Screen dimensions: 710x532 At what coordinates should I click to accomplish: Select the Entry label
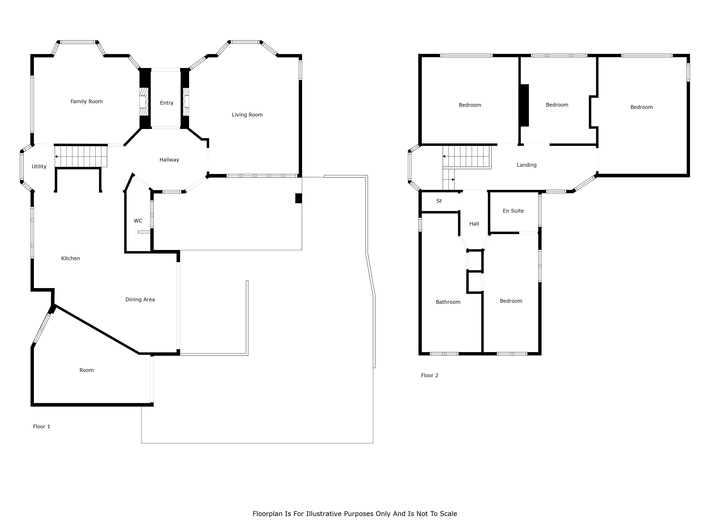[167, 103]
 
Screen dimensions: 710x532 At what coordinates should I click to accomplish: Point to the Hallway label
[169, 160]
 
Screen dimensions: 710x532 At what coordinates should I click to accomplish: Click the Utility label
[39, 167]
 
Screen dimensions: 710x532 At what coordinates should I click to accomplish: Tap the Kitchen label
[71, 259]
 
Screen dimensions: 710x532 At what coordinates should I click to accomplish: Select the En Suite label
[513, 211]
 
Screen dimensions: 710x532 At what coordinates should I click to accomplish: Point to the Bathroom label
[448, 302]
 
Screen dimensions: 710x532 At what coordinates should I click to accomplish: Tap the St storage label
[439, 201]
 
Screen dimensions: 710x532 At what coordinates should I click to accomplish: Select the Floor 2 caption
[430, 376]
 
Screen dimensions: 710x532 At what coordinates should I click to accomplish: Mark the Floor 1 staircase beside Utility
[81, 156]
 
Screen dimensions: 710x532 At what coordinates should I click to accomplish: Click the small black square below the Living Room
[299, 198]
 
